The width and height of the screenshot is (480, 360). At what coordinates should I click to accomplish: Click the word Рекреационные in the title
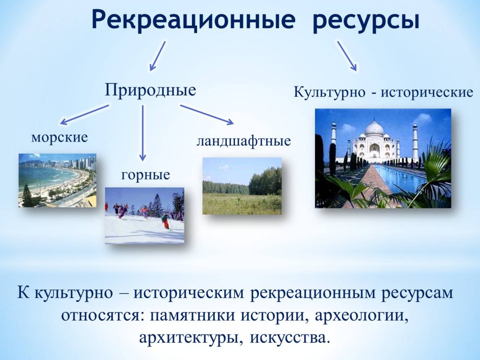coord(194,21)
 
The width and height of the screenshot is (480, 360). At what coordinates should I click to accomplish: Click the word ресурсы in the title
coord(366,21)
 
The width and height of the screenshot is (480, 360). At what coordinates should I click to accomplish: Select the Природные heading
coord(151,90)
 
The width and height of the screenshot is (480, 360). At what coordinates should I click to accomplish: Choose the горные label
coord(146,175)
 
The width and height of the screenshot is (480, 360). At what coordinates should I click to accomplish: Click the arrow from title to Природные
coord(157,56)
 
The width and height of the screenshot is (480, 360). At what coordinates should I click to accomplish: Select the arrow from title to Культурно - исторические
coord(346,56)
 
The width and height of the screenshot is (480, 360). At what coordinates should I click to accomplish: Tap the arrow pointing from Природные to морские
coord(84,114)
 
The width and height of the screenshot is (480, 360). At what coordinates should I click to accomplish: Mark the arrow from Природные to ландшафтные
coord(207,114)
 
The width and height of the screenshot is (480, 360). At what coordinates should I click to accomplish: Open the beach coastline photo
coord(57,180)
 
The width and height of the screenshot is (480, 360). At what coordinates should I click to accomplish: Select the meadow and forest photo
coord(242,185)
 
